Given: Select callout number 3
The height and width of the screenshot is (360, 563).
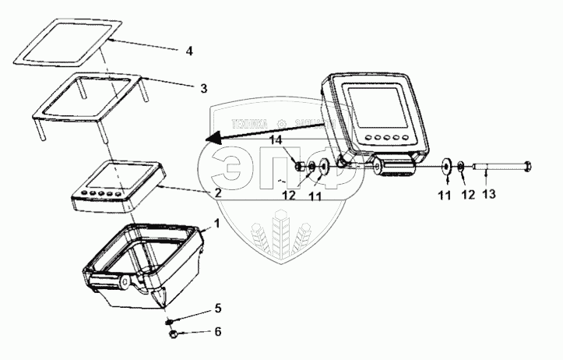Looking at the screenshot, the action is point(203,88).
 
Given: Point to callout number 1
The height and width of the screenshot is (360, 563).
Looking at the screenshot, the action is point(218,223).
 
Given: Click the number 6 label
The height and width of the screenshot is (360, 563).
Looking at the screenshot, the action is point(218,331).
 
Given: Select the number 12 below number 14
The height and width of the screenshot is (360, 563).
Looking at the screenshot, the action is point(288,195).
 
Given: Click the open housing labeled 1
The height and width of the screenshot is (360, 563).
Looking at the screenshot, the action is point(148,265).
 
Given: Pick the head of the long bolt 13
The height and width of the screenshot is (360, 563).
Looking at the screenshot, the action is point(528,165).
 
